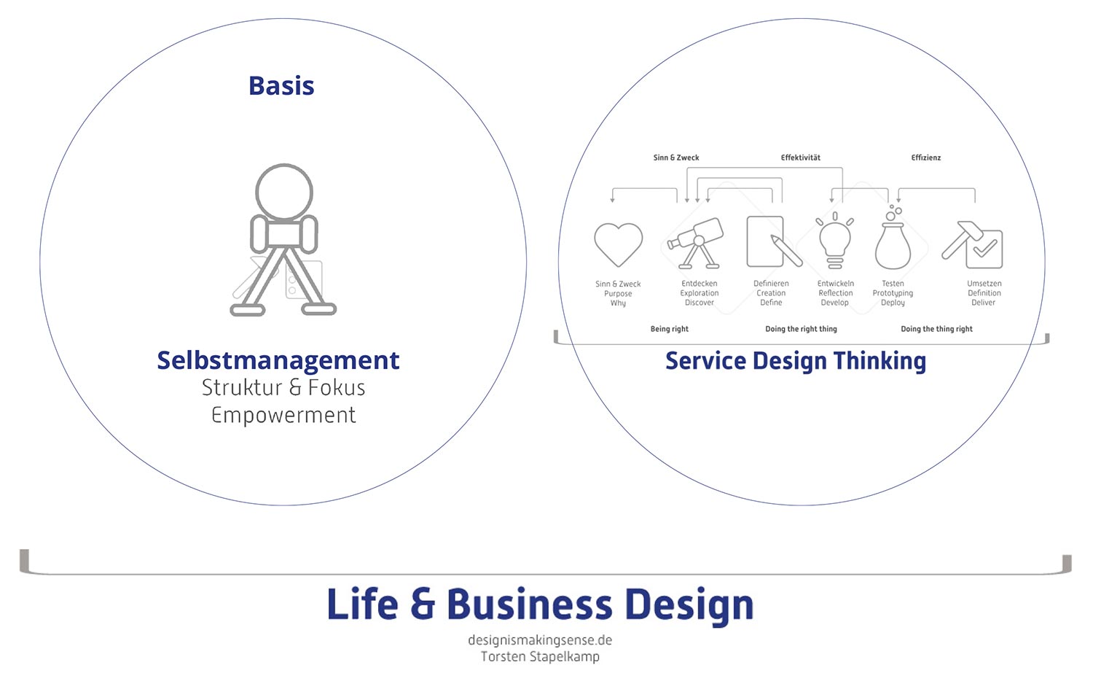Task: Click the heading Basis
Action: [281, 86]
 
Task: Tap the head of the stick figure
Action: [284, 192]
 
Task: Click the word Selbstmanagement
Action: [278, 360]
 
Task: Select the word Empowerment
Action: [283, 415]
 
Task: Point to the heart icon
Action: [618, 244]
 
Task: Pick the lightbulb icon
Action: [835, 241]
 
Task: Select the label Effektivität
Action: [801, 158]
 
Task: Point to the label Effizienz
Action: [925, 158]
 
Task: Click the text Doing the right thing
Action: [801, 329]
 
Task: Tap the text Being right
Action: [669, 329]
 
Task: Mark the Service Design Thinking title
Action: [796, 361]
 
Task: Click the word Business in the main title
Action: [530, 605]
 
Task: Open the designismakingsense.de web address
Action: [540, 640]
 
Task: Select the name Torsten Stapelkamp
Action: [540, 656]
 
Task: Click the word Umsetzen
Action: [984, 284]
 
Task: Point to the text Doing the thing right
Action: [936, 329]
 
